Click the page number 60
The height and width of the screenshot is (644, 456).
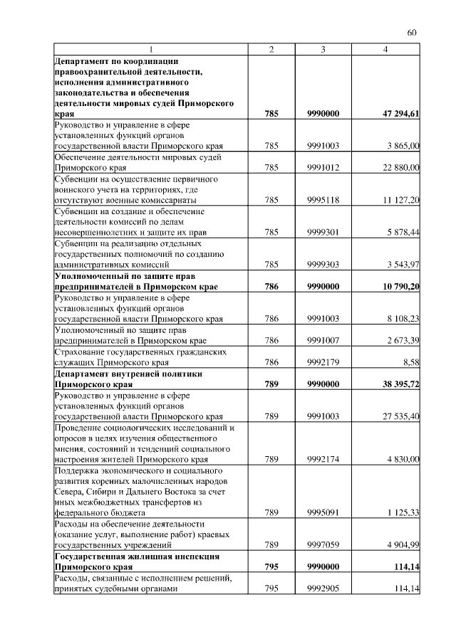(412, 32)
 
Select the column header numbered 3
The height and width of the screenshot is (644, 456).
(323, 49)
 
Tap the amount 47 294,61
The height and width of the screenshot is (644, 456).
(400, 113)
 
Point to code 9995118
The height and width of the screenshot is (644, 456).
(323, 201)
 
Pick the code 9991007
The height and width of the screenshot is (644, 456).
(323, 341)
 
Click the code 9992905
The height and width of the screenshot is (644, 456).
(323, 588)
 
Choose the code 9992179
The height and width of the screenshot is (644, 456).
(323, 362)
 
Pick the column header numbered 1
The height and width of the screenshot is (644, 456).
(150, 49)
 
